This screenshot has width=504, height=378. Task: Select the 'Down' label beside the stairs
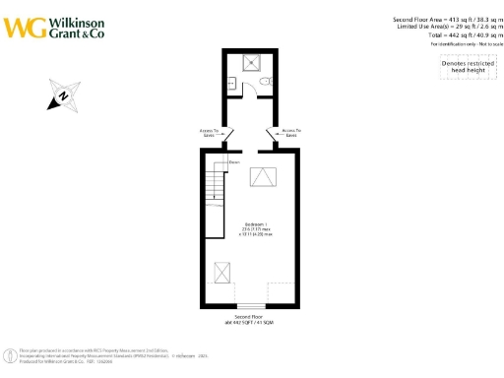click(235, 161)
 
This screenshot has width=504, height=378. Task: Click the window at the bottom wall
click(252, 305)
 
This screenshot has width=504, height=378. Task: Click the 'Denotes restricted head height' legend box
click(462, 64)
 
